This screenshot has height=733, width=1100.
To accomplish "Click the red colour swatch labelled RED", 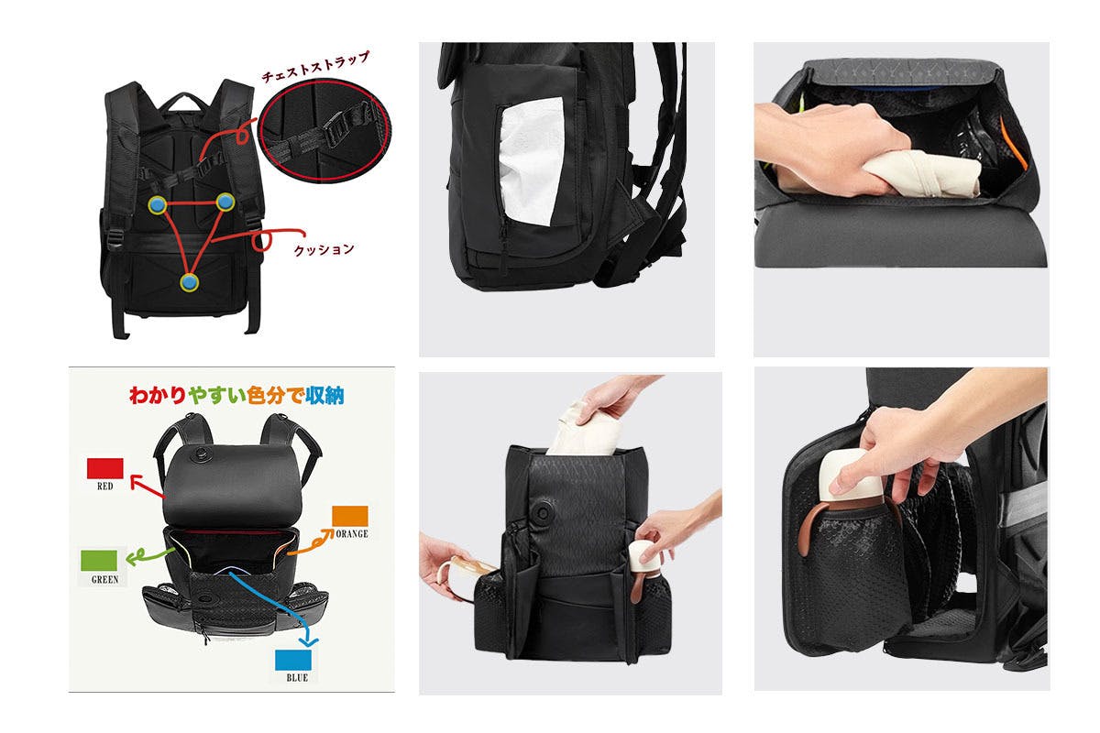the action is [x=104, y=468].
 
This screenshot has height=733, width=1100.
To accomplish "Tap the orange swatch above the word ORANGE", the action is [x=349, y=516].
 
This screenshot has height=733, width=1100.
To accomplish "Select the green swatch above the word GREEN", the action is [x=99, y=560].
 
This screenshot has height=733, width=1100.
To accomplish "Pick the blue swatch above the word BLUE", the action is [x=293, y=660].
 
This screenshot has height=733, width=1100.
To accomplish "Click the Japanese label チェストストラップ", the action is [x=314, y=66].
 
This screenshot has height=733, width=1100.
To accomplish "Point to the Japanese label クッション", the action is [x=324, y=249].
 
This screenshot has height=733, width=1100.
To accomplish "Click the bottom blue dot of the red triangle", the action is [x=189, y=282].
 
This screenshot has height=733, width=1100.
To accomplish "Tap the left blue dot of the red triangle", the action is [x=157, y=204].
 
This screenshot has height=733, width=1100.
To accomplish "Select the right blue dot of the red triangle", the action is [x=225, y=202].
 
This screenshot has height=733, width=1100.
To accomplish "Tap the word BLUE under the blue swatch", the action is [x=297, y=678].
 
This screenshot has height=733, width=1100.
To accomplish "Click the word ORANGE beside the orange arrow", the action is [x=352, y=533].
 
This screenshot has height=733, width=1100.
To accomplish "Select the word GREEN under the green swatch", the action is [x=104, y=580].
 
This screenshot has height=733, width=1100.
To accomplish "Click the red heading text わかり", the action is [x=158, y=395].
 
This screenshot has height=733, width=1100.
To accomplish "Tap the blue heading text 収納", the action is [x=324, y=395].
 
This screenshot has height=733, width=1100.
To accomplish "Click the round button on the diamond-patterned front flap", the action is [x=543, y=513].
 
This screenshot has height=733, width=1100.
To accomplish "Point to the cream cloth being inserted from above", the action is [x=585, y=430].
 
